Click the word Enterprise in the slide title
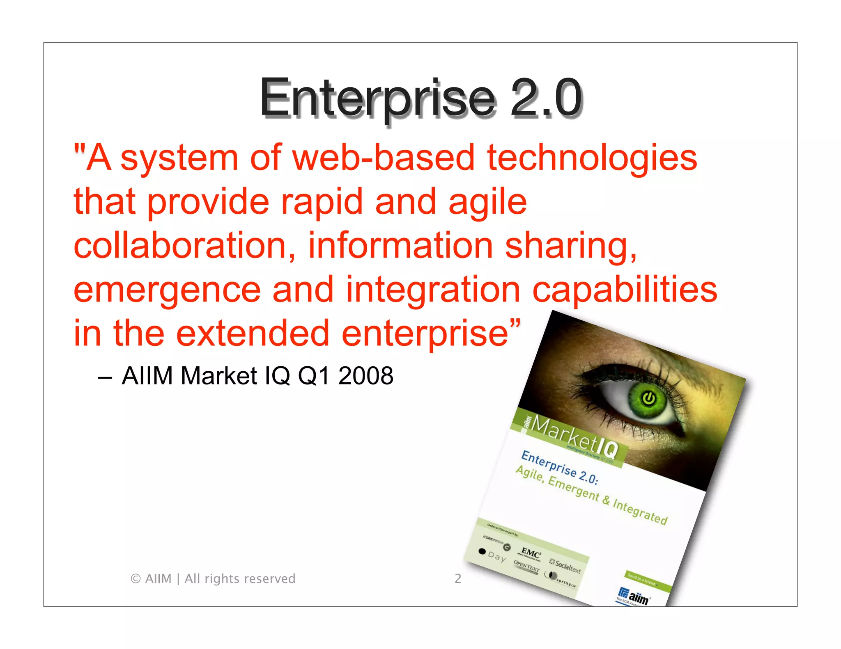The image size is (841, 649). (x=378, y=98)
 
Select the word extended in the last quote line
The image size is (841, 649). (x=253, y=333)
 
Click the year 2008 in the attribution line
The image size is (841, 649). (x=365, y=376)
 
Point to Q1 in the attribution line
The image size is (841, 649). (x=313, y=376)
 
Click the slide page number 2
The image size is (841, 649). (x=458, y=578)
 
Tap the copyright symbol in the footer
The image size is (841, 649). (x=136, y=579)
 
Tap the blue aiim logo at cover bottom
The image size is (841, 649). (x=635, y=597)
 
